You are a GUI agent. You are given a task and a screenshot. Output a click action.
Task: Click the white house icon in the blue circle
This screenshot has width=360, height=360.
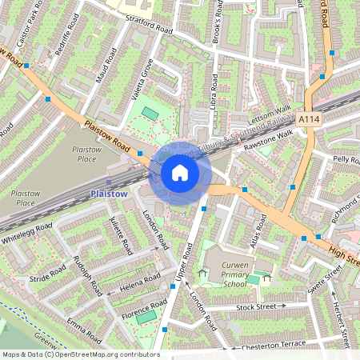[180, 173]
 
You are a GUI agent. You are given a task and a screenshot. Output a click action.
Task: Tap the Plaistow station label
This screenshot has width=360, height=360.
[109, 194]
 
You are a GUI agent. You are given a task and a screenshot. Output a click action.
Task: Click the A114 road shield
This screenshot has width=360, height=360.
[310, 120]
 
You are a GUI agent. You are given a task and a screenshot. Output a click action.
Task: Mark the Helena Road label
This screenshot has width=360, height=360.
[141, 284]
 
